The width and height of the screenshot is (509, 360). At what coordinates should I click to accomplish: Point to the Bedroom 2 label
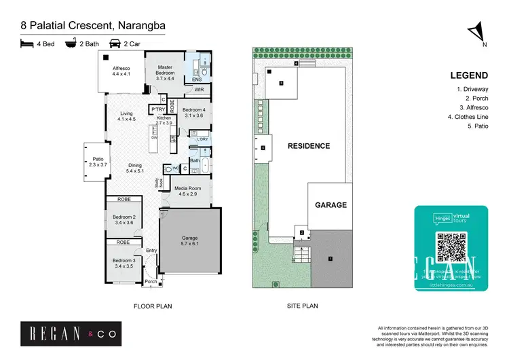coord(124,220)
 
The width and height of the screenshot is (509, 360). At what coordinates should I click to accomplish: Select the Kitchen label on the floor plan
coord(164,121)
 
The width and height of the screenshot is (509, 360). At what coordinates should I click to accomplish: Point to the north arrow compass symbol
coord(478,32)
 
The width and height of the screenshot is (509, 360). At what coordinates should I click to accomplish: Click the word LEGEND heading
coord(469,75)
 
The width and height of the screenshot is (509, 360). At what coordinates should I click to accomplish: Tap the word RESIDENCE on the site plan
coord(308,146)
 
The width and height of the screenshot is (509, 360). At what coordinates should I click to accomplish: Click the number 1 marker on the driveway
coord(331,258)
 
